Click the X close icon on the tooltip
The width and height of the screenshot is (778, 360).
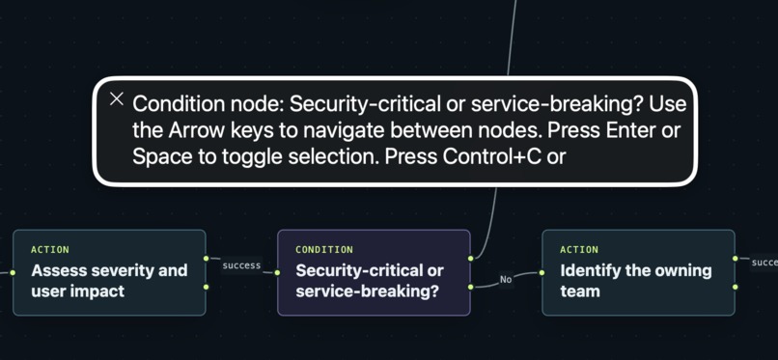116,99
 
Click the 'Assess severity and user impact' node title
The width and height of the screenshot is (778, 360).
109,281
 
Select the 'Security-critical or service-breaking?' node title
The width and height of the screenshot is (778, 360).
370,281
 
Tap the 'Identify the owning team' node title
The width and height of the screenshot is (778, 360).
635,281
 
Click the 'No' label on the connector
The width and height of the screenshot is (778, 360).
506,280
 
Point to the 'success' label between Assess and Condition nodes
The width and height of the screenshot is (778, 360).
241,265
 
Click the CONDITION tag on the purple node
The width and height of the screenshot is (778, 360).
324,249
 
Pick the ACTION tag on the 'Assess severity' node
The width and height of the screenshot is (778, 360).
50,249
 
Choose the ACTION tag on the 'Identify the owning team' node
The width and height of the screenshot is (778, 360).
579,249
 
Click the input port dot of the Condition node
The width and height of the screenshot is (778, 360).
277,272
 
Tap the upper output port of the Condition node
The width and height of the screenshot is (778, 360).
470,259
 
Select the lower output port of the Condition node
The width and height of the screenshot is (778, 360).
470,287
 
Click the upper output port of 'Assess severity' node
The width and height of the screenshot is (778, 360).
206,259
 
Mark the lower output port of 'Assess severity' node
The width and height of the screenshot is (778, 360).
206,287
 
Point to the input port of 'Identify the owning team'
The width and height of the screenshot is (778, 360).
542,272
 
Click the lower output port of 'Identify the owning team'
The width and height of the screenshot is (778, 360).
735,287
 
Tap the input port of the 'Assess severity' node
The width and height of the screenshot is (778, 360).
13,272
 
